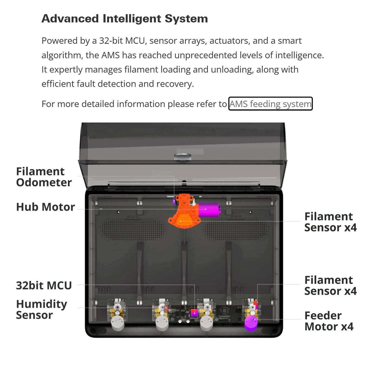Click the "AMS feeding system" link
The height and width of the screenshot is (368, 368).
click(270, 104)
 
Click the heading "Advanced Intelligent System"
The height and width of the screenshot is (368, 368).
click(125, 19)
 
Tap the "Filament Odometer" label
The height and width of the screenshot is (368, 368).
click(44, 177)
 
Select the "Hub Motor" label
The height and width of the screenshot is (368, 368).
click(45, 207)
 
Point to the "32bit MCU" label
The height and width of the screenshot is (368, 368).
click(44, 285)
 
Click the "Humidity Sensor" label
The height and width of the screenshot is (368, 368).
click(42, 309)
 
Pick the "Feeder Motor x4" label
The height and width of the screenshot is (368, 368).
click(329, 321)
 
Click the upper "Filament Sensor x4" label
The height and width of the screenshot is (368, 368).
click(330, 222)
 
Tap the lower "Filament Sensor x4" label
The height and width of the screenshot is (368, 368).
click(330, 285)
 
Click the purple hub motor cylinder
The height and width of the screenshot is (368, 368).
click(209, 209)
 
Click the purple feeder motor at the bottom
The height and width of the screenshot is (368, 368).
click(251, 323)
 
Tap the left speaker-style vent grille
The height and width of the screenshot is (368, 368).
click(133, 229)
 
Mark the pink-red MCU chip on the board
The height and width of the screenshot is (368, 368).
click(194, 313)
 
